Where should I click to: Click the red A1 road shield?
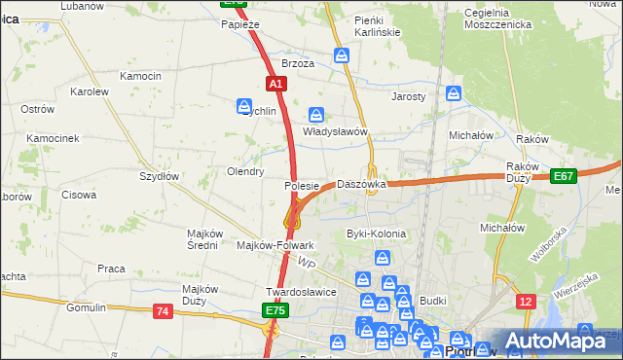[275, 85]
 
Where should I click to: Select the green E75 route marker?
[275, 310]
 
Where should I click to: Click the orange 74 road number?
[162, 310]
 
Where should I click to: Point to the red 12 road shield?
[525, 303]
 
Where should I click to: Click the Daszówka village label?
[361, 184]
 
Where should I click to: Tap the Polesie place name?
[302, 186]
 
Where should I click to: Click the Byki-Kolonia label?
[376, 234]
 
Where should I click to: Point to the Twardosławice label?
[301, 292]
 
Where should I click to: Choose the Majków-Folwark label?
[275, 245]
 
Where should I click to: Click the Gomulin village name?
[86, 307]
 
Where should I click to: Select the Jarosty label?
[409, 97]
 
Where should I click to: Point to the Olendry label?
[245, 171]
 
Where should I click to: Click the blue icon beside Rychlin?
[244, 105]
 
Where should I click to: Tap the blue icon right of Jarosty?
[454, 94]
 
